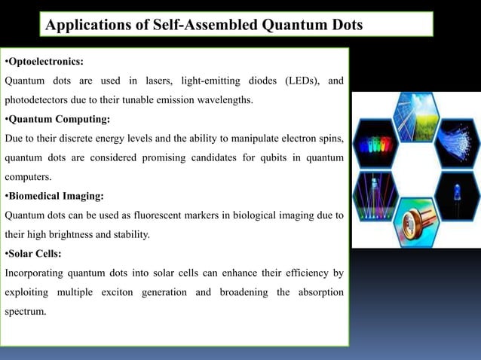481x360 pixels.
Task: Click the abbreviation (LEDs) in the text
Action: click(x=301, y=81)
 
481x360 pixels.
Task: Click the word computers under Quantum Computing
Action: click(x=29, y=178)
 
